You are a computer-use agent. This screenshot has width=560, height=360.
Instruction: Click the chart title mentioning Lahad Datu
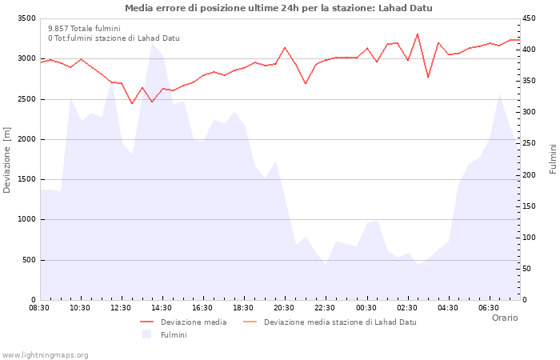[278, 8]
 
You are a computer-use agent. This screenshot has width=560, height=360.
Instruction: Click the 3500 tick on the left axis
[26, 18]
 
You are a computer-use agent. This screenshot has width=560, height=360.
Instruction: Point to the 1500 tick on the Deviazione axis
[26, 179]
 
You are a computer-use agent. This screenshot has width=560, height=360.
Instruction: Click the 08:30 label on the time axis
[39, 307]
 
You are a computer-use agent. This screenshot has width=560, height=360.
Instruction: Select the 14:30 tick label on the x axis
[162, 307]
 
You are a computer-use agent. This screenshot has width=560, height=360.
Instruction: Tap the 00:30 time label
[366, 307]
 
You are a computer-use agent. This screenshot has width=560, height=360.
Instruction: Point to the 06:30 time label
[489, 307]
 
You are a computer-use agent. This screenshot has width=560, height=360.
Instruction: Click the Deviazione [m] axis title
[7, 159]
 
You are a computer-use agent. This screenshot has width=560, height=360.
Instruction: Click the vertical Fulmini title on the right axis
[553, 159]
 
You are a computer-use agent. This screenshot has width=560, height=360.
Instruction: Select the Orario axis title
[504, 318]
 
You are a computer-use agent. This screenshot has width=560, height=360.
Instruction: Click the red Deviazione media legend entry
[193, 322]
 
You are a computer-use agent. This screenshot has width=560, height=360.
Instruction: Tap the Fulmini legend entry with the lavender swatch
[173, 334]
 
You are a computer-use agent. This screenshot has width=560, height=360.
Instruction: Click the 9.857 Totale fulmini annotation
[84, 28]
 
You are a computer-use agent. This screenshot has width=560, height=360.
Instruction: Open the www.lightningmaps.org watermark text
[46, 354]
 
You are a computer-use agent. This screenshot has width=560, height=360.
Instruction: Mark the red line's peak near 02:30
[418, 34]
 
